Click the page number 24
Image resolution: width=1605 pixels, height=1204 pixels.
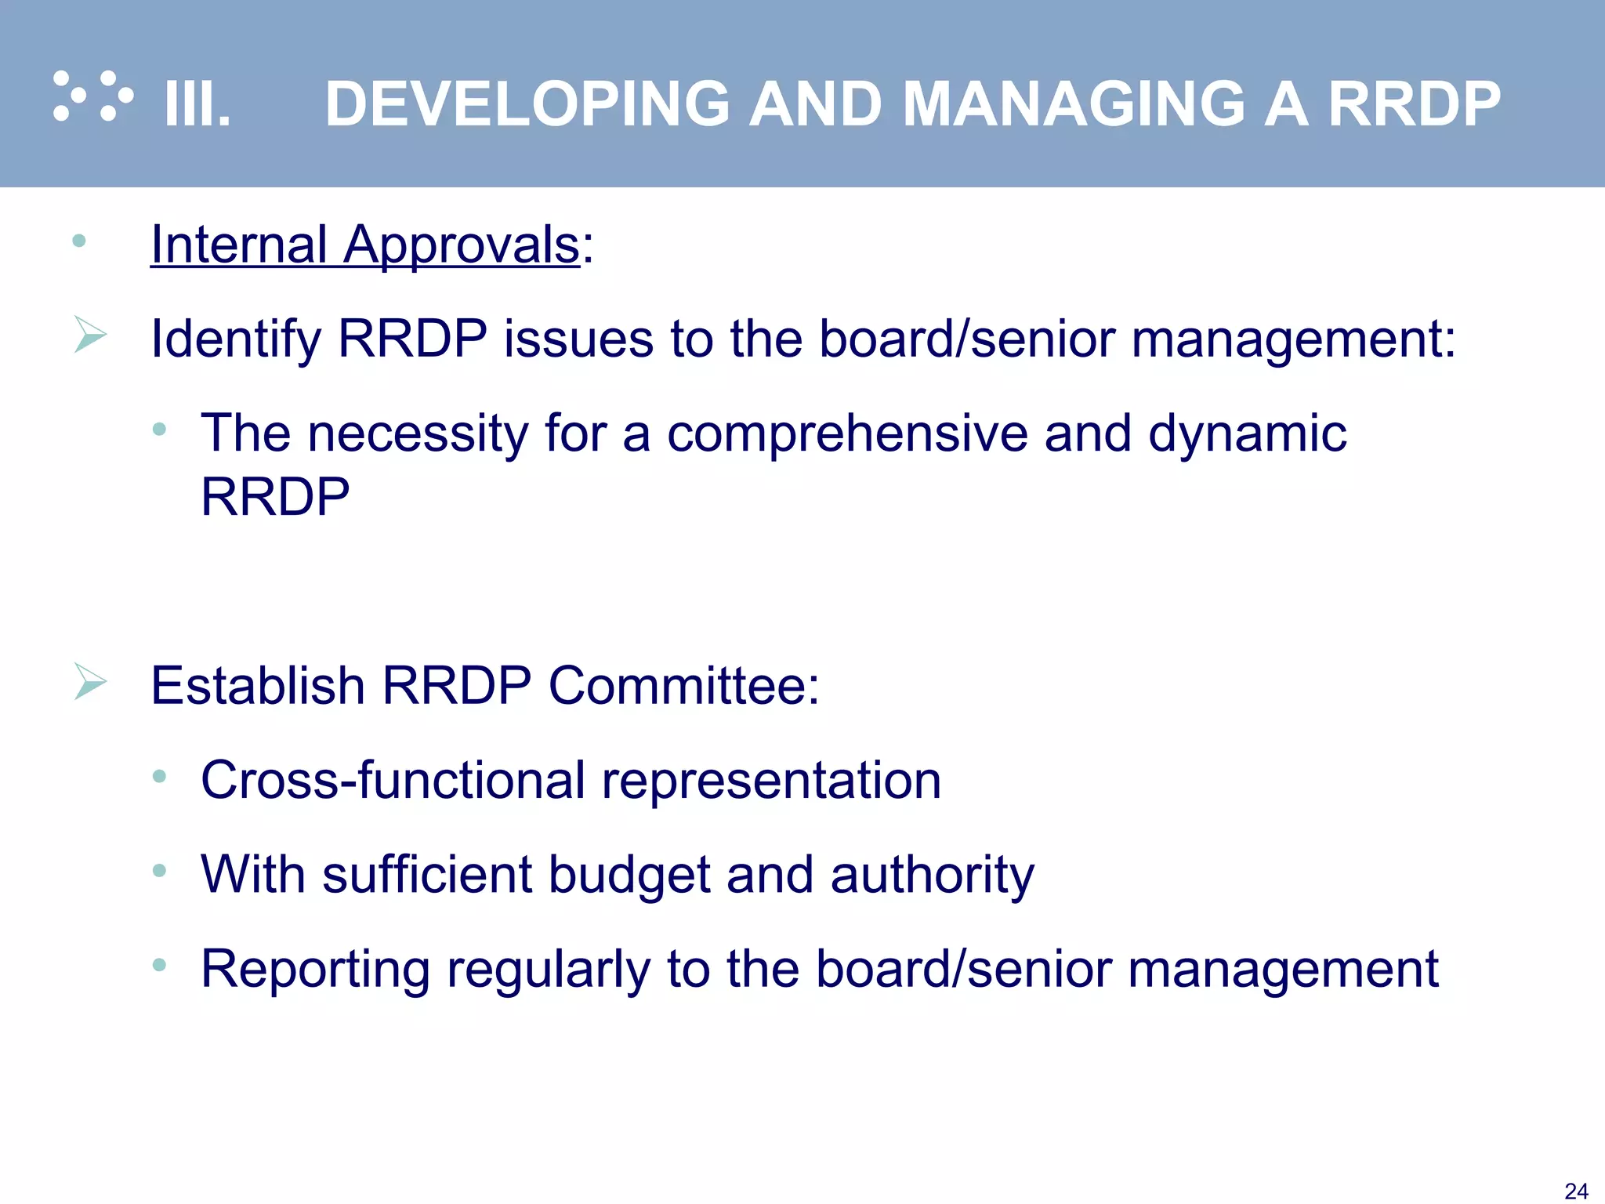1576,1191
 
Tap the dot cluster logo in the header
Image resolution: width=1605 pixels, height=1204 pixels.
92,96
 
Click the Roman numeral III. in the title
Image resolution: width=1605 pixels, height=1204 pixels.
197,103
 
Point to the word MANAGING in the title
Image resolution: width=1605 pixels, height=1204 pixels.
1074,103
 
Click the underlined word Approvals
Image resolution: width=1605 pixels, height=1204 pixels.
462,245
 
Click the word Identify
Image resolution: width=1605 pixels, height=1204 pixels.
236,339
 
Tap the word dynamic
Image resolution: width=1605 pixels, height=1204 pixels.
1247,433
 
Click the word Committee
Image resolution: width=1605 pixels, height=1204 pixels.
683,686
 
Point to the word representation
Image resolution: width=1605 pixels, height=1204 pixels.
771,781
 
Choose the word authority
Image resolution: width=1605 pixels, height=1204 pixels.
933,875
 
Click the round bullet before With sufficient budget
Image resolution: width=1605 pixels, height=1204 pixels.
160,869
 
